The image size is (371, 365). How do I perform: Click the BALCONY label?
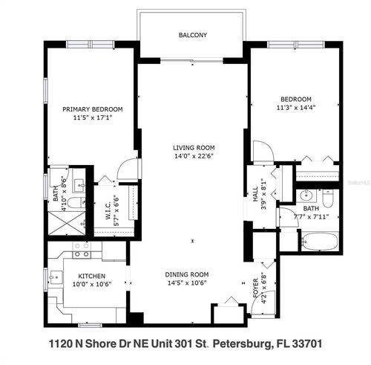(x=192, y=35)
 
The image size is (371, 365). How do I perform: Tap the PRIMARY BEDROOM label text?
(x=93, y=109)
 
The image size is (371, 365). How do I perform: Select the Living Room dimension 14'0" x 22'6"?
(x=192, y=156)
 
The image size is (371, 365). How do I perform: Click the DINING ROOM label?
(x=191, y=274)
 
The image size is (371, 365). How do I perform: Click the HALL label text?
(x=254, y=190)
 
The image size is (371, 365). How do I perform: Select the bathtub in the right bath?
(x=319, y=242)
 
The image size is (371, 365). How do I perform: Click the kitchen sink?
(x=82, y=253)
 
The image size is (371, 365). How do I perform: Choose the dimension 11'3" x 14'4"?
(x=295, y=109)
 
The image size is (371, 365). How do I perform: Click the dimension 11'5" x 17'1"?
(x=93, y=118)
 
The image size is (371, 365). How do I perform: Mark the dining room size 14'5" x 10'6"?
(x=191, y=282)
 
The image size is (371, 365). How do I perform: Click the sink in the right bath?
(x=306, y=197)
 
